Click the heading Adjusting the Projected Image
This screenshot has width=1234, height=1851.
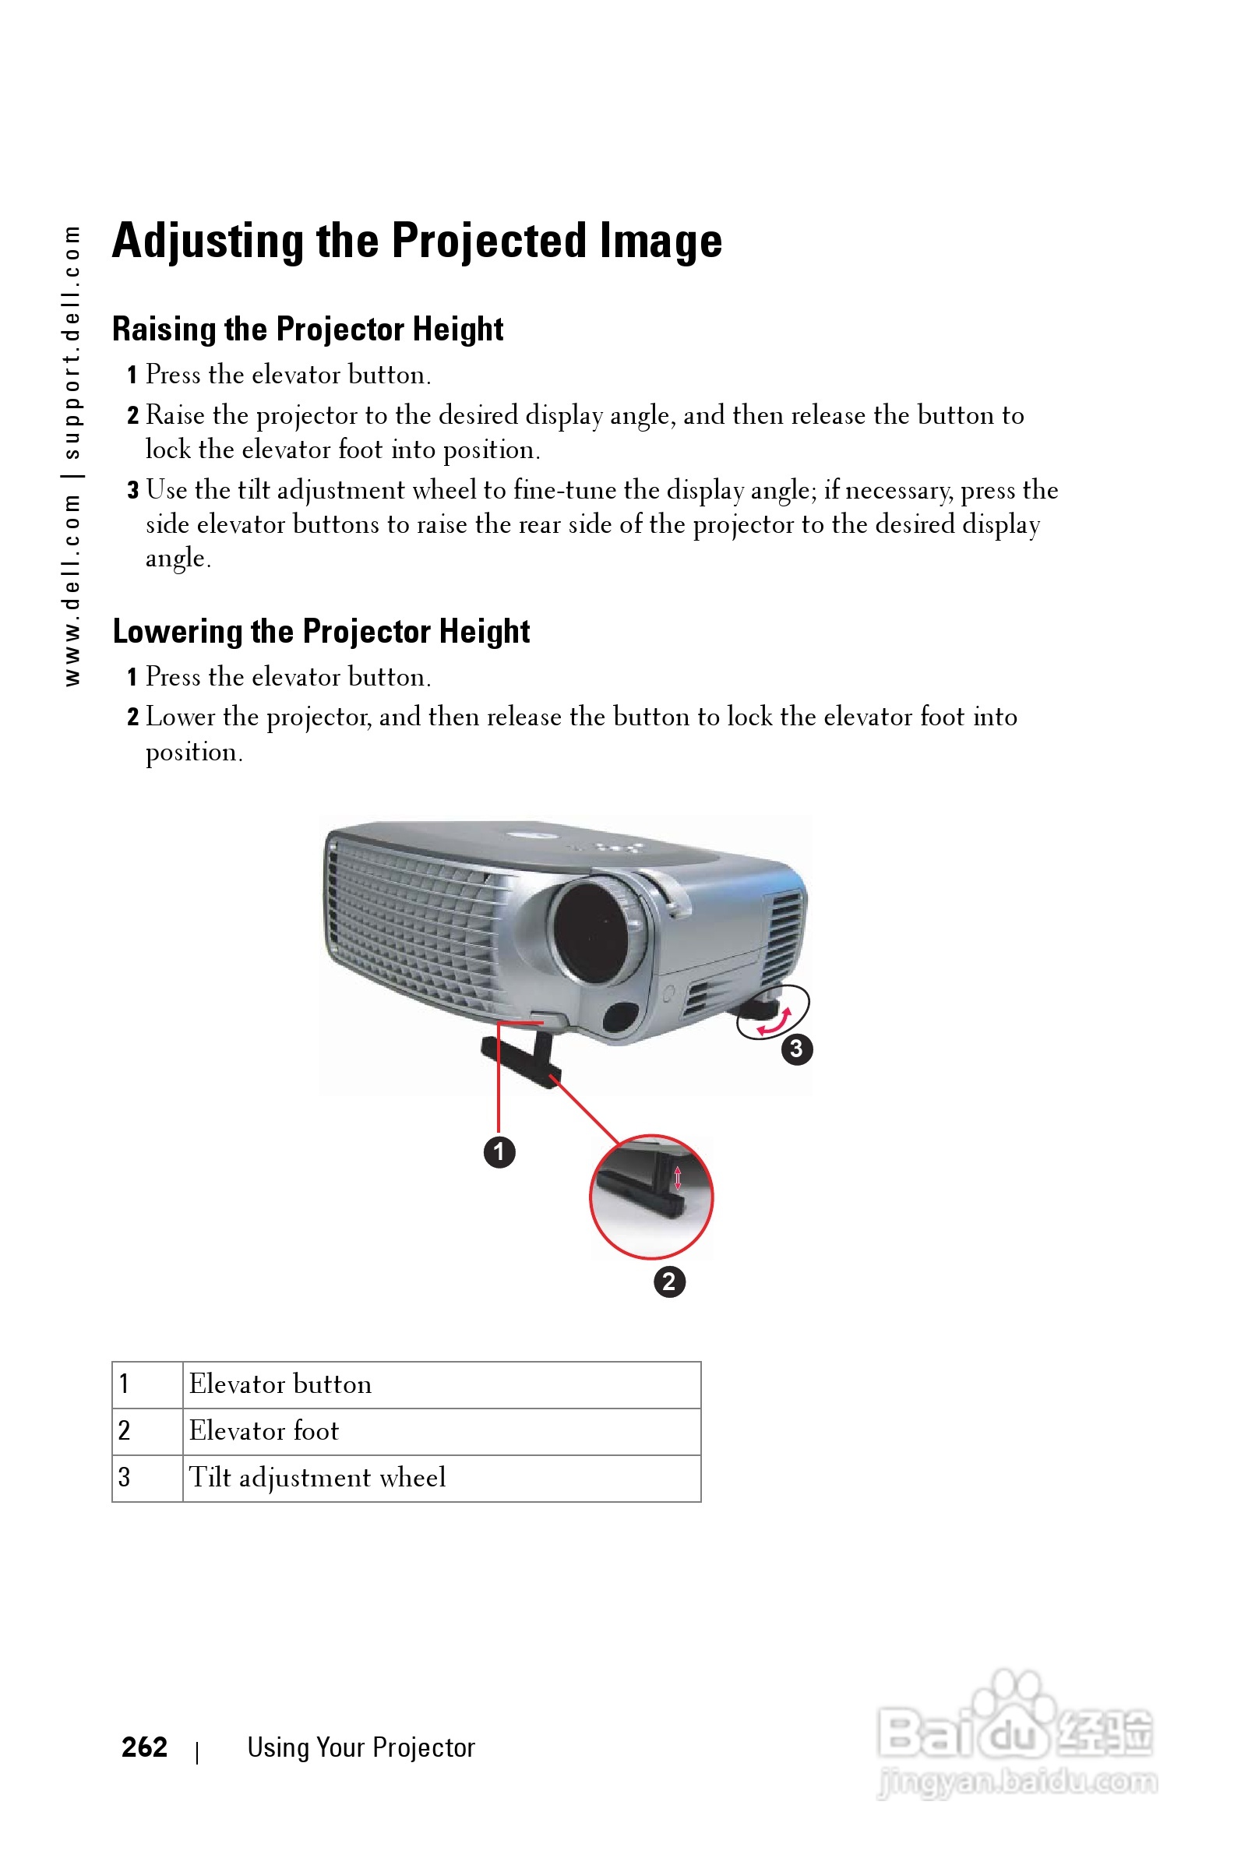(416, 240)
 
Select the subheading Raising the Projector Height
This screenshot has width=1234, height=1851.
(307, 329)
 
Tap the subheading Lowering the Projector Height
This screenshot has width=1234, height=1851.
(320, 631)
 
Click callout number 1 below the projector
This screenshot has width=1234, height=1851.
(499, 1152)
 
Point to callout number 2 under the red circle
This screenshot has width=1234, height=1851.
(669, 1282)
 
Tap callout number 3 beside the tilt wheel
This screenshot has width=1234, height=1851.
(796, 1049)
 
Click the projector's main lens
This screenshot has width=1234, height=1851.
(592, 932)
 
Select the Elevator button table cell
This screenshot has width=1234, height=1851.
(441, 1384)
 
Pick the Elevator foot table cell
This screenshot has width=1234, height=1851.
(441, 1431)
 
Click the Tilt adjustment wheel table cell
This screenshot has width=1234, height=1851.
(441, 1478)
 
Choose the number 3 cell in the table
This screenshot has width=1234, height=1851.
(146, 1478)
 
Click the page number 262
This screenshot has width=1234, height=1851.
(144, 1747)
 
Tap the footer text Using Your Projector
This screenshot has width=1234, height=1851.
(361, 1748)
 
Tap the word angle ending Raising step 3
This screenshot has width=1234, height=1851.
(177, 559)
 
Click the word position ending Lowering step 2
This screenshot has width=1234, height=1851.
(193, 753)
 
